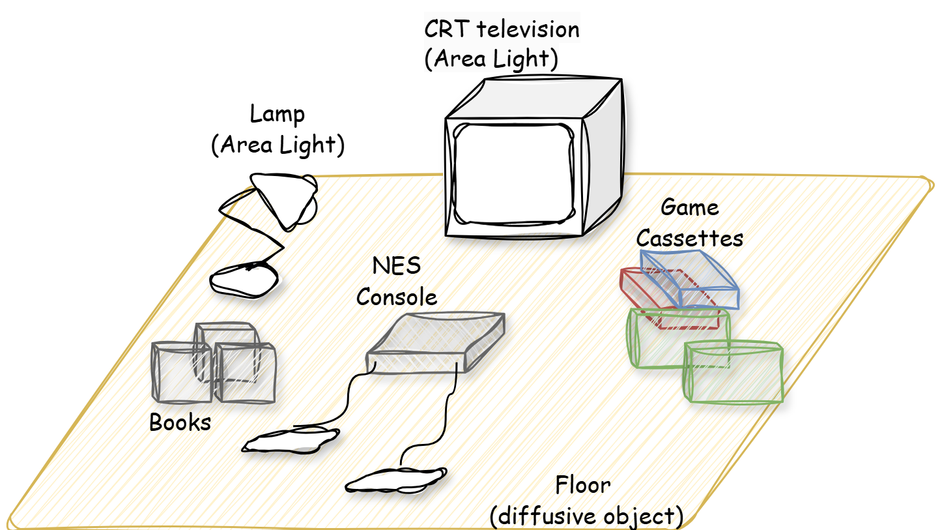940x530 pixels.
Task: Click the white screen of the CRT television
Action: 513,174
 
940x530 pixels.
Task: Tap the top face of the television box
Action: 533,97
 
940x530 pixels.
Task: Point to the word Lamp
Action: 277,114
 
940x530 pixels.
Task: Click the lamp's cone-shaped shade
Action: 285,200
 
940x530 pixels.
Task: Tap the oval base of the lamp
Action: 244,280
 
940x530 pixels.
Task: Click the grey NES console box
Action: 436,343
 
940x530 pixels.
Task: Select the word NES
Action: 397,266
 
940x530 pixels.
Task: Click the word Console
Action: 397,297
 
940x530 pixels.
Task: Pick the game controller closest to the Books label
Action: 291,439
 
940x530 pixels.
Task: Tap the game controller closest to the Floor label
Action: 395,480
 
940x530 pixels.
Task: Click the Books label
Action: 180,422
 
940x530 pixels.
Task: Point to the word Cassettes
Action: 689,239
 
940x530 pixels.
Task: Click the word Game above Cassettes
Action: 689,207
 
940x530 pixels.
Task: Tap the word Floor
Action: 583,485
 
